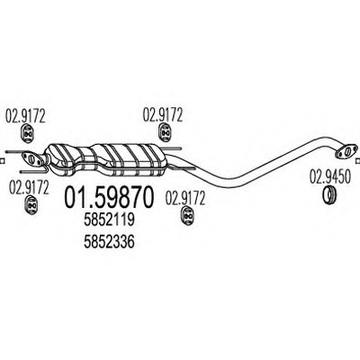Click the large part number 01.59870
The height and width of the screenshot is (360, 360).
(109, 197)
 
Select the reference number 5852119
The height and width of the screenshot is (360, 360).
(109, 220)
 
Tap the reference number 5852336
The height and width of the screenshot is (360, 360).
(109, 242)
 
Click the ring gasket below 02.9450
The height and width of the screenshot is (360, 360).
(329, 194)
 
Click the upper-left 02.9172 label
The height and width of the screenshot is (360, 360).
(25, 116)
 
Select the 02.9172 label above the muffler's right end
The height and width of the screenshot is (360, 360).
(163, 115)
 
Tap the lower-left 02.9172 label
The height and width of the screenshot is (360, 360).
(29, 187)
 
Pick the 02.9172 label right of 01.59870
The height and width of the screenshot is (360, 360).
(185, 198)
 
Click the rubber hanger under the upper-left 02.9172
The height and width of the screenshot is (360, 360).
(28, 133)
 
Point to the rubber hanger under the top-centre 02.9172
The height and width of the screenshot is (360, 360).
(164, 132)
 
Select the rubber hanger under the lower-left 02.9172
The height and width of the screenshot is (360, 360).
(31, 204)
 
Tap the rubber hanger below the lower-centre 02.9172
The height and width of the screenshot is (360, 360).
(187, 215)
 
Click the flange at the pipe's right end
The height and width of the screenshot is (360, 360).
(346, 151)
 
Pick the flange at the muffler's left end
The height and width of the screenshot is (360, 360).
(32, 159)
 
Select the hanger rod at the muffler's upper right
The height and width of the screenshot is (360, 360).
(173, 148)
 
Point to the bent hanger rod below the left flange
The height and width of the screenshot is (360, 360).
(33, 171)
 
